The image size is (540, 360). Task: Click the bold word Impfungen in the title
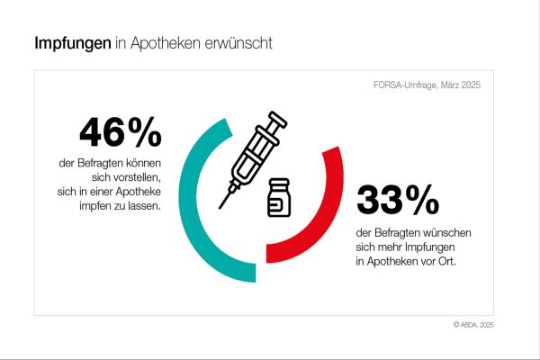pos(73,42)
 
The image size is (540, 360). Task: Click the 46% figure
pos(121,133)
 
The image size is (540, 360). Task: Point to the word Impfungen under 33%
pos(434,247)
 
